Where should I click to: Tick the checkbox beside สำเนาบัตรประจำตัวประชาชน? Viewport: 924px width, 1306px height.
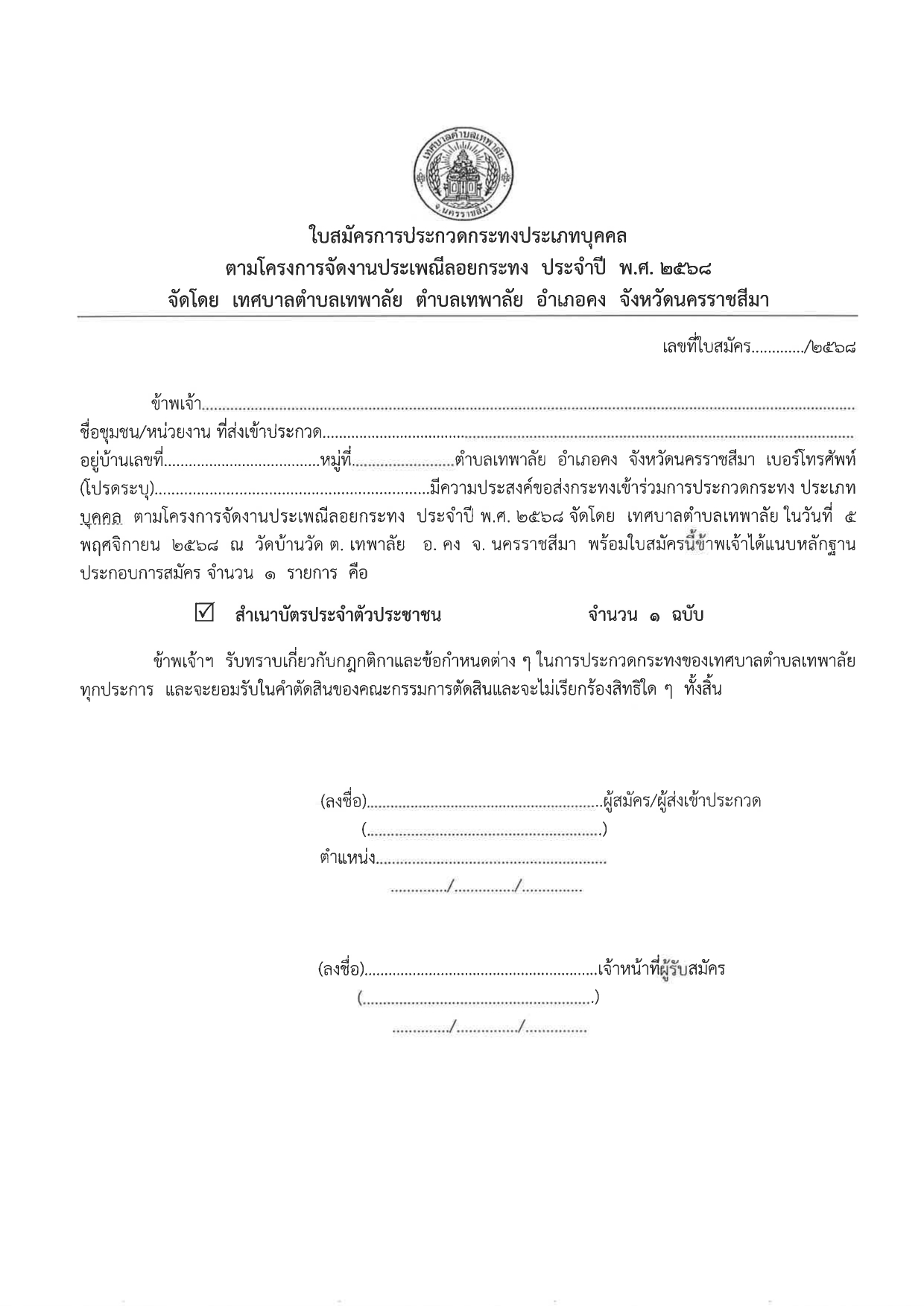(x=203, y=614)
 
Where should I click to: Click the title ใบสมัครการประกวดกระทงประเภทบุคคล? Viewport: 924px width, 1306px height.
(x=467, y=237)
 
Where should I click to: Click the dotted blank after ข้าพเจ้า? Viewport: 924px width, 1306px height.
(x=529, y=407)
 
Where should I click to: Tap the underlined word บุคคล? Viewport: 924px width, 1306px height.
(x=101, y=517)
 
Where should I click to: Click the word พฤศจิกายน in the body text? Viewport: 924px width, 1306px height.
(x=119, y=545)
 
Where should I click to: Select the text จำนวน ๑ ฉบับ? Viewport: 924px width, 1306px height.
(x=645, y=616)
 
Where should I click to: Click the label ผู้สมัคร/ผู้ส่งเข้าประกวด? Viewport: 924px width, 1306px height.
(x=682, y=802)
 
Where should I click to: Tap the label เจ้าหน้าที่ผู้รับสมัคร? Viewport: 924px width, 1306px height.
(x=661, y=969)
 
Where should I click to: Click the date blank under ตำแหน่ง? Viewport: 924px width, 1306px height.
(x=486, y=888)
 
